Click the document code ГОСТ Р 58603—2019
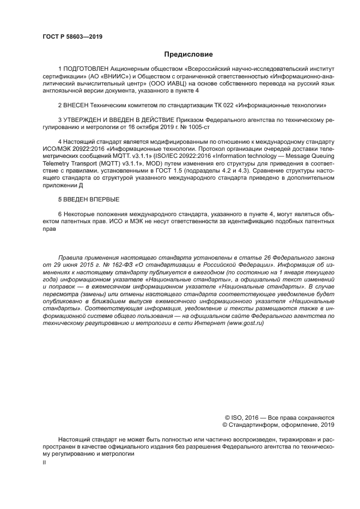click(72, 37)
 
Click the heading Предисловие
click(188, 54)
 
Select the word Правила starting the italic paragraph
click(71, 255)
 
